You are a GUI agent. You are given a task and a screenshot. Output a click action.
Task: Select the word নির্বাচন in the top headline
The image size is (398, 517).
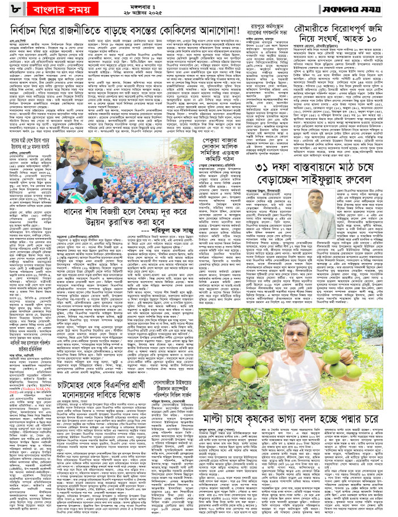(28, 30)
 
